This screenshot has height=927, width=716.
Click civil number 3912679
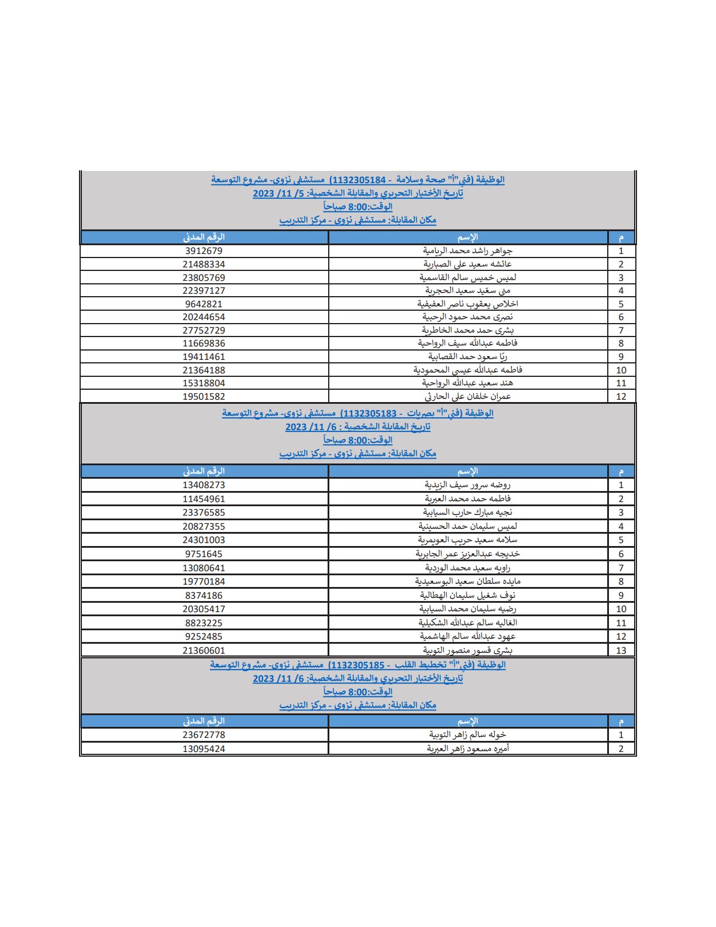click(x=204, y=251)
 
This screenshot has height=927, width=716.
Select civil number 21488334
click(x=204, y=265)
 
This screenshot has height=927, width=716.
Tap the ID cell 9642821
click(x=204, y=304)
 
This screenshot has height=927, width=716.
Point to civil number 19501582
click(x=204, y=397)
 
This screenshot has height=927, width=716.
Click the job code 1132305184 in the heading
click(x=358, y=180)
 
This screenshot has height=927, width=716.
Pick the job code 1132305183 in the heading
click(x=369, y=413)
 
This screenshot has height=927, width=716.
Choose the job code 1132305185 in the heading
click(x=357, y=665)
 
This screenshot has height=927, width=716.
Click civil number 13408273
click(x=204, y=485)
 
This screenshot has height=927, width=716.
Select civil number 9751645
click(x=204, y=554)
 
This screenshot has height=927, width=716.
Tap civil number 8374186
click(x=204, y=596)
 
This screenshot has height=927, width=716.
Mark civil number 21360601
click(x=204, y=651)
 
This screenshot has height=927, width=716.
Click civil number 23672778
click(x=204, y=735)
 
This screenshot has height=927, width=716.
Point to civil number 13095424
click(x=204, y=749)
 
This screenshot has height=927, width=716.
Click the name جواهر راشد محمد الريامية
click(x=467, y=251)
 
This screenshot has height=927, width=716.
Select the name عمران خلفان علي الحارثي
click(x=467, y=397)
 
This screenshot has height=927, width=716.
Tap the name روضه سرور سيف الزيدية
click(x=467, y=485)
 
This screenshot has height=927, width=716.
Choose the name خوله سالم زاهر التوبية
click(x=467, y=735)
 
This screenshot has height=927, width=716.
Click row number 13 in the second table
click(x=621, y=651)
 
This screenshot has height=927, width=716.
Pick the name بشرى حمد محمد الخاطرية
click(x=467, y=331)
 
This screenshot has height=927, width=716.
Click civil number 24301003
click(x=204, y=540)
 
